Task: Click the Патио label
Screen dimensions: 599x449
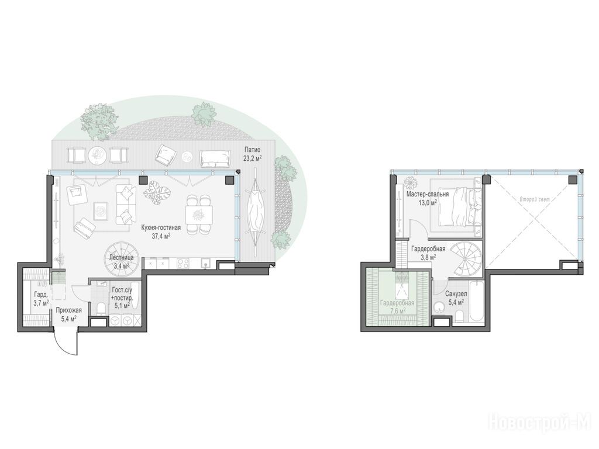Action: point(253,150)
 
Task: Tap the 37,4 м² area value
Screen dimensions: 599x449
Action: point(161,236)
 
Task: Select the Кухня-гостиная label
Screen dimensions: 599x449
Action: point(161,227)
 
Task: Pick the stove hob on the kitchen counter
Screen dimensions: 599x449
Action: point(183,264)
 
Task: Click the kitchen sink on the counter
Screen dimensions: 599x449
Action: point(206,263)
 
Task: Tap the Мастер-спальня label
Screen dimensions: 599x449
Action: point(428,194)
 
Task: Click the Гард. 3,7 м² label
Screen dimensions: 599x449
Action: point(40,299)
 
